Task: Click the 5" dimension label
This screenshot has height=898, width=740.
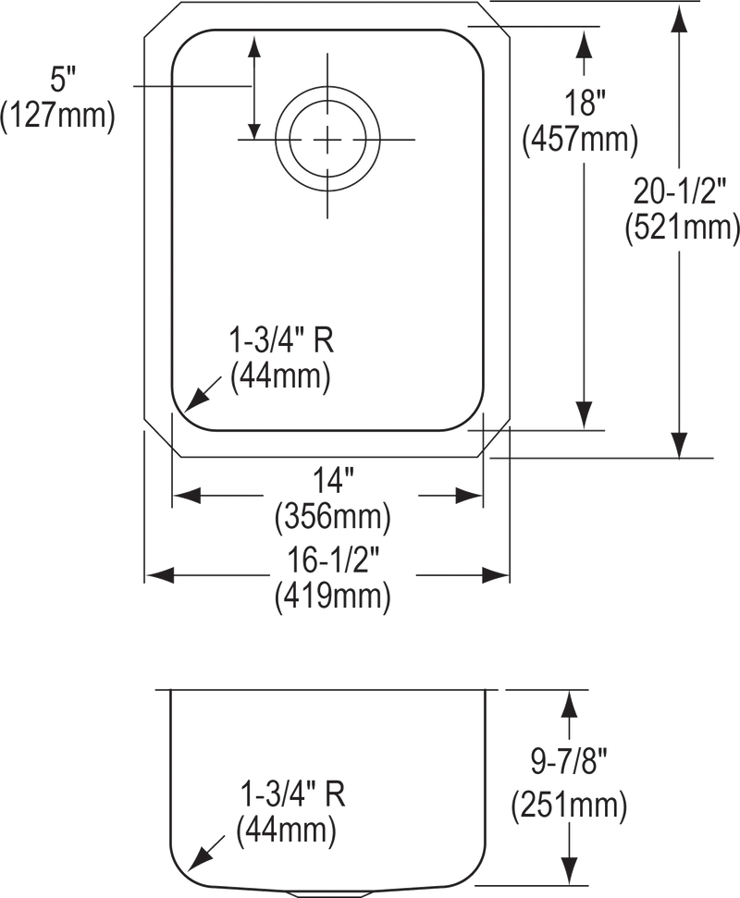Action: point(59,81)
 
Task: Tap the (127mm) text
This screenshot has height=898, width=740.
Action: point(59,117)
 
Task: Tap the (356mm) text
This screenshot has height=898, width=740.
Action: point(331,518)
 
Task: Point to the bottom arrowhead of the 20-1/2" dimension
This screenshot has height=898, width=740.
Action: point(680,446)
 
